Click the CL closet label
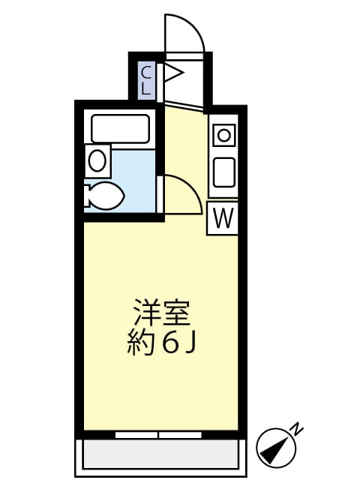[x=147, y=79]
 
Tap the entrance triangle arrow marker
[x=173, y=73]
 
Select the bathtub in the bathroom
[x=121, y=128]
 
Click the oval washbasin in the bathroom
[x=97, y=160]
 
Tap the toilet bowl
[x=106, y=197]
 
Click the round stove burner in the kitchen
[x=224, y=136]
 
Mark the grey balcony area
[x=160, y=454]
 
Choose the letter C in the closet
[x=147, y=72]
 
